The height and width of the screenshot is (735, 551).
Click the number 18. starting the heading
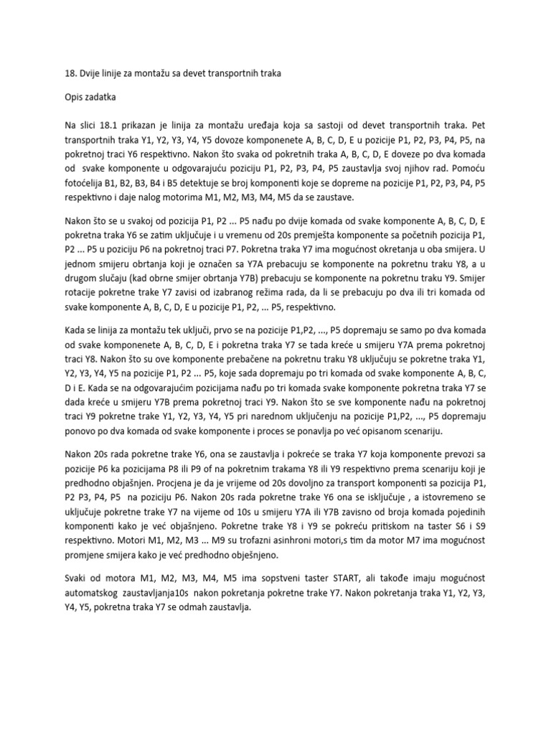click(x=70, y=73)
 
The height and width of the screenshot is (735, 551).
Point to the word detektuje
click(x=206, y=182)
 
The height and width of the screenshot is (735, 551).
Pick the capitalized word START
click(x=319, y=594)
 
